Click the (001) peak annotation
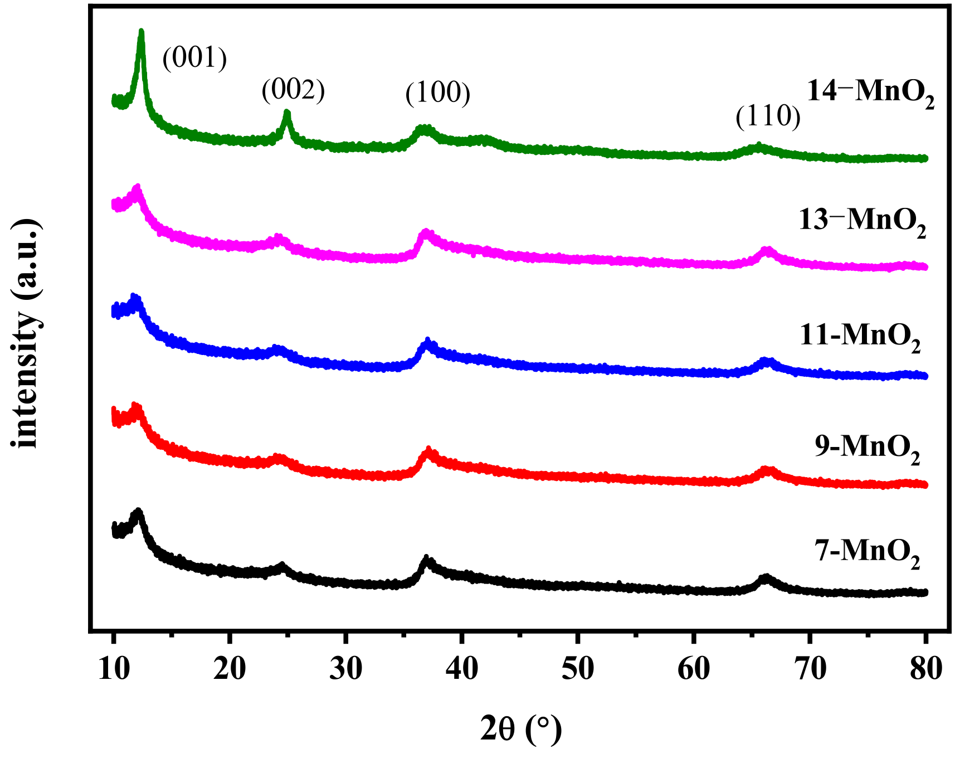pyautogui.click(x=194, y=57)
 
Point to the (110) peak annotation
pyautogui.click(x=768, y=116)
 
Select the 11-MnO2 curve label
pyautogui.click(x=860, y=336)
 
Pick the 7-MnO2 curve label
pyautogui.click(x=867, y=552)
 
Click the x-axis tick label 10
pyautogui.click(x=114, y=669)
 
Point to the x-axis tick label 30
pyautogui.click(x=345, y=669)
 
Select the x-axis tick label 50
pyautogui.click(x=578, y=669)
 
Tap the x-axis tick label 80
pyautogui.click(x=926, y=669)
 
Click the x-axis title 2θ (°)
pyautogui.click(x=521, y=729)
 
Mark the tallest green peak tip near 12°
pyautogui.click(x=141, y=32)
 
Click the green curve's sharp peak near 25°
pyautogui.click(x=287, y=113)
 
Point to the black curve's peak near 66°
pyautogui.click(x=766, y=577)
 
